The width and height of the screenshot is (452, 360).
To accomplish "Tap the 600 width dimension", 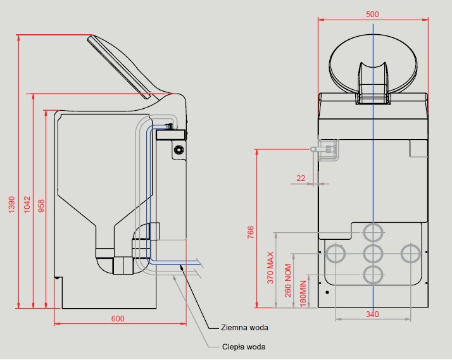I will [118, 318].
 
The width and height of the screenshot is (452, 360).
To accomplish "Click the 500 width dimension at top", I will [373, 14].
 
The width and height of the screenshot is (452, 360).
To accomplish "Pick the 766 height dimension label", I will [250, 233].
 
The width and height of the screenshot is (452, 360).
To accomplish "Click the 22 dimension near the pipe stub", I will [300, 178].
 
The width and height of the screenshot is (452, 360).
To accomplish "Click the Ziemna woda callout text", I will [244, 328].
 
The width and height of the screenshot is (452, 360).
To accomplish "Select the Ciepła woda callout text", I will [244, 347].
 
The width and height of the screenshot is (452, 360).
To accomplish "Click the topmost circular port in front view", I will [373, 232].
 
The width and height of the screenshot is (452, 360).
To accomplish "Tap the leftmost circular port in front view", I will [335, 254].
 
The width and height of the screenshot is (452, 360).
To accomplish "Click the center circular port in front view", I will [373, 254].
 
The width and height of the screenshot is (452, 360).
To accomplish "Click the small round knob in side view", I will [179, 149].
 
